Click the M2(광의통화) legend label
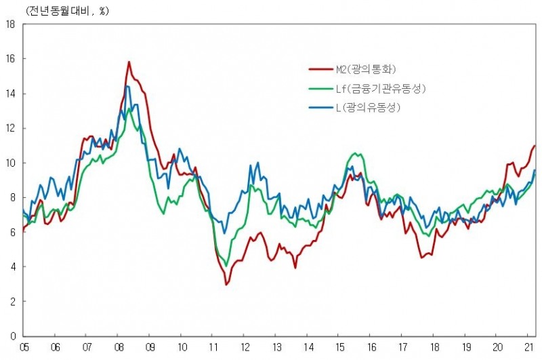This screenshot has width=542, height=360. [366, 69]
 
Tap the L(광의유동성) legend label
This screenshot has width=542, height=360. [370, 108]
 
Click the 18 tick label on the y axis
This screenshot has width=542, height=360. [10, 24]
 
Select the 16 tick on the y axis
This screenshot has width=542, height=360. [10, 59]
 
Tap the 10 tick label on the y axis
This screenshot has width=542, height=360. [10, 163]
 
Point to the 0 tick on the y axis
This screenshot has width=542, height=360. [13, 336]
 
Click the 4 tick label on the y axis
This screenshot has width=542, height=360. [13, 266]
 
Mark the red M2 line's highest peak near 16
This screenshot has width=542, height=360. [129, 62]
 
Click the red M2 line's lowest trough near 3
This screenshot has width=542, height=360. [226, 284]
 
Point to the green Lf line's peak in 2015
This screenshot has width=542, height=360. [356, 154]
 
